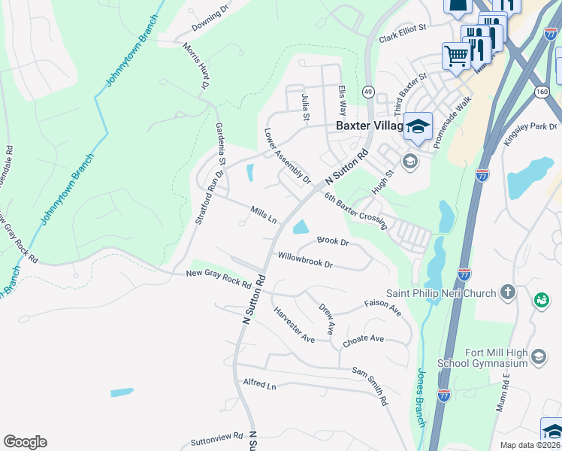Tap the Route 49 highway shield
(x=367, y=91)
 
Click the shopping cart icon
(x=456, y=55)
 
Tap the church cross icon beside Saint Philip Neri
(x=509, y=292)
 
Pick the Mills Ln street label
(x=264, y=216)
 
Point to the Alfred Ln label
(x=260, y=384)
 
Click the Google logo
(x=25, y=442)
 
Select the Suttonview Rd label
(x=217, y=436)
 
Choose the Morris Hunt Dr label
(x=195, y=65)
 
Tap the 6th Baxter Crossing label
(x=355, y=207)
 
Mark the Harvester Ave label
(x=294, y=325)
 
